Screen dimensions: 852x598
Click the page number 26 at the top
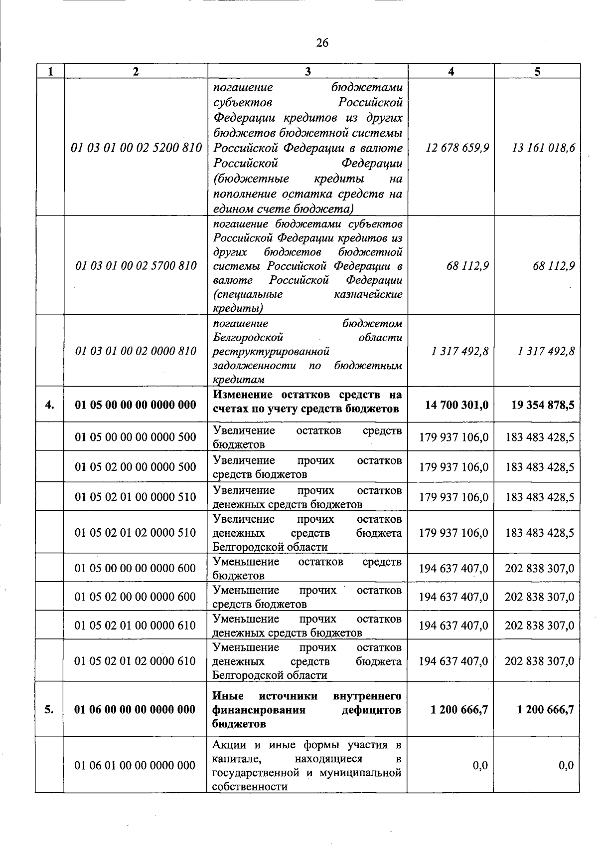click(322, 43)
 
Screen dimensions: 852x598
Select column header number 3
click(307, 71)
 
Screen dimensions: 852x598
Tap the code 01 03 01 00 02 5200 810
click(136, 148)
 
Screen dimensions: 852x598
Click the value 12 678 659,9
click(457, 148)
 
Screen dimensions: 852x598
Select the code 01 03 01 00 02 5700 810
click(136, 265)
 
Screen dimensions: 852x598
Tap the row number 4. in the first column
click(49, 405)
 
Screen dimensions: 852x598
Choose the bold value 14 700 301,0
click(456, 405)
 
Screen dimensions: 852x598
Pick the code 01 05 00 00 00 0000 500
click(136, 437)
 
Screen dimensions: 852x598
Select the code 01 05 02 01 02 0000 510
click(136, 533)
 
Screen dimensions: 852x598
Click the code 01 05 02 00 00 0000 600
click(136, 597)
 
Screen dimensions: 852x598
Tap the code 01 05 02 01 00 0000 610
click(136, 626)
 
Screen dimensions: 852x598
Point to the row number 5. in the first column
click(49, 709)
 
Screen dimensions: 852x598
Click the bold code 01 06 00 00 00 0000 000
click(135, 709)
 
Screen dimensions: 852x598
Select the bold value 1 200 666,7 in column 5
click(545, 709)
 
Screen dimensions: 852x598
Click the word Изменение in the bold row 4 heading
click(240, 395)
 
